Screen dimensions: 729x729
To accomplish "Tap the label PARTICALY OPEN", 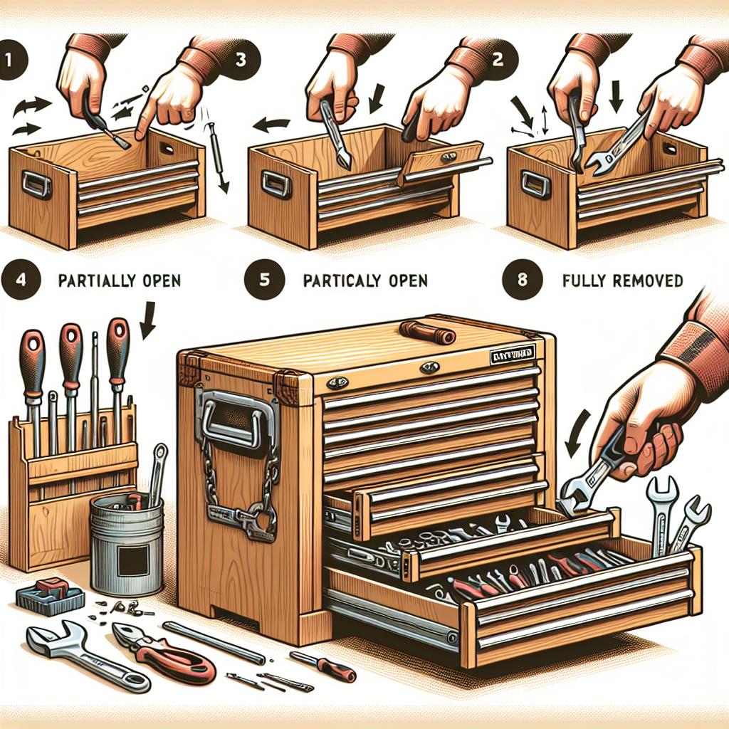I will [x=364, y=280].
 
